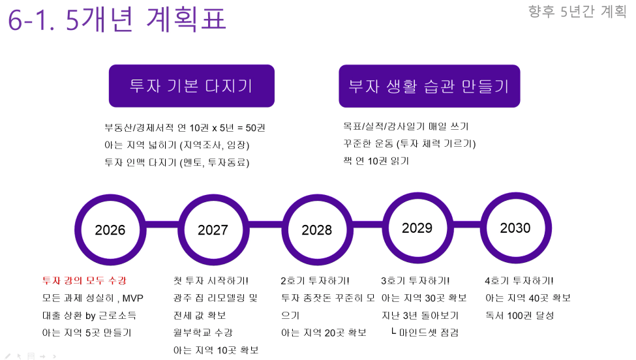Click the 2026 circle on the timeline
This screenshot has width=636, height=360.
[77, 230]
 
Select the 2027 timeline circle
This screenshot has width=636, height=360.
[181, 230]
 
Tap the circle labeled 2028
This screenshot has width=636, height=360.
[285, 230]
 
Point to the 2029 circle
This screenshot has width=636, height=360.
[386, 228]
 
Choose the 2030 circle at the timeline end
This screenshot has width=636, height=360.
[483, 228]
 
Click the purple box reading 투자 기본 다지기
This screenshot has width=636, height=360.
[191, 86]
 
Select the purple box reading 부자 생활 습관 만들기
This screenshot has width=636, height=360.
[429, 86]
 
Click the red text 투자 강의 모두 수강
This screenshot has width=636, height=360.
[84, 280]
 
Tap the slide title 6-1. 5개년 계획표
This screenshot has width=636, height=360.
[117, 20]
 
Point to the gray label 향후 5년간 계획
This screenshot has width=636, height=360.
[577, 11]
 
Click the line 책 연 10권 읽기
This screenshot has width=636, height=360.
[376, 161]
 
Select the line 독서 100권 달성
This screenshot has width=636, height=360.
[520, 316]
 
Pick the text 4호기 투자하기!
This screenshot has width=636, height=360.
[519, 280]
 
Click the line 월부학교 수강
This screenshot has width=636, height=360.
[203, 333]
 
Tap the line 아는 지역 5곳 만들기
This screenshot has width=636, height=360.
[87, 333]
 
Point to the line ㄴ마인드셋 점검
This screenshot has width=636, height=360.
[425, 333]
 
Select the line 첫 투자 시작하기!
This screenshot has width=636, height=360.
[211, 280]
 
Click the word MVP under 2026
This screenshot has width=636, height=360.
[132, 299]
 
